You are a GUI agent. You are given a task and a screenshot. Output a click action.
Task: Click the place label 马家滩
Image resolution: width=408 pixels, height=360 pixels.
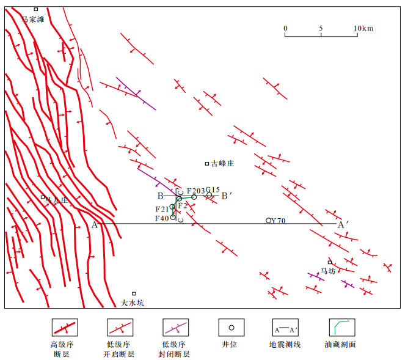click(x=33, y=19)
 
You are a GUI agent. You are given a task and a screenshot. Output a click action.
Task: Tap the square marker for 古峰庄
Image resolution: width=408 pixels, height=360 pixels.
click(x=207, y=163)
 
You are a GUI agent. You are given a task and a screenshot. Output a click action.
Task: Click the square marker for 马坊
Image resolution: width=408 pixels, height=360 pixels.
click(x=330, y=262)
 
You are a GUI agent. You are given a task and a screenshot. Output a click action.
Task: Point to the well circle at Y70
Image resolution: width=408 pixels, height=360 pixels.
click(x=268, y=220)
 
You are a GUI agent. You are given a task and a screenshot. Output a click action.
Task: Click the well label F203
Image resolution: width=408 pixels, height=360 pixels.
click(x=195, y=190)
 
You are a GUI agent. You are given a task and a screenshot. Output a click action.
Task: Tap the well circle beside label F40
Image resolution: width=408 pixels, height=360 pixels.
click(x=173, y=218)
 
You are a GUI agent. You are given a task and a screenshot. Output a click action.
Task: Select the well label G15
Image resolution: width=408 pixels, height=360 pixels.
click(x=213, y=189)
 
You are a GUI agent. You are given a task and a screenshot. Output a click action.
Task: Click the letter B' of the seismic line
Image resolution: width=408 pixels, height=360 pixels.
click(x=225, y=196)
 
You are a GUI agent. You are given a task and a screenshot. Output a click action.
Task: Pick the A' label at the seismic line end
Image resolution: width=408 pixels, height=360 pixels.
click(x=343, y=224)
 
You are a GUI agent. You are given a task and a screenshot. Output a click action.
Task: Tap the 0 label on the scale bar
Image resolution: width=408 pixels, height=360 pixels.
click(x=285, y=29)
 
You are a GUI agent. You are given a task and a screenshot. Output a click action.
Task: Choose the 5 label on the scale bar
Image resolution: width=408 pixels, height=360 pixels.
click(x=321, y=29)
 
